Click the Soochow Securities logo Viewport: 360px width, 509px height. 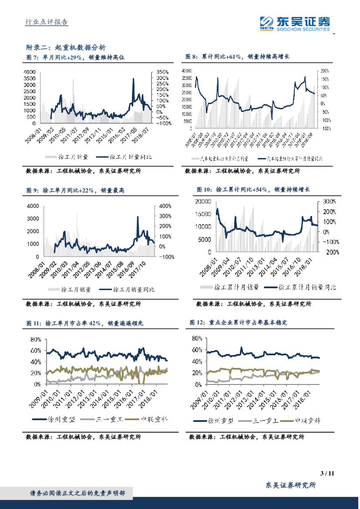(295, 23)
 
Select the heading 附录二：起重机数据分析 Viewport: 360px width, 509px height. (66, 47)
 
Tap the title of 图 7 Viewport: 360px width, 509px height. (76, 57)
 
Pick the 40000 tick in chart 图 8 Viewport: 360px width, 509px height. (186, 71)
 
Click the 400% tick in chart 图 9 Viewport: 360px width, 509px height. (166, 206)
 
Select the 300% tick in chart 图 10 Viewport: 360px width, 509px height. (329, 202)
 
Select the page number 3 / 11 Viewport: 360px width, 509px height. (326, 474)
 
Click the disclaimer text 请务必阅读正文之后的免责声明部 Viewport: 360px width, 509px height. (77, 493)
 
